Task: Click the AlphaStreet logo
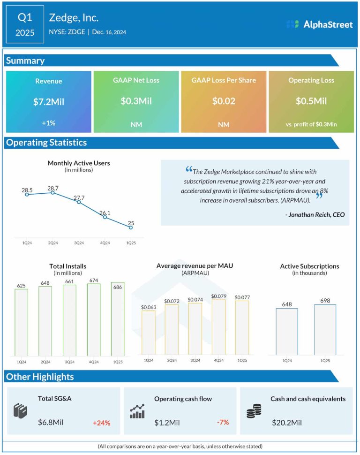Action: pyautogui.click(x=319, y=24)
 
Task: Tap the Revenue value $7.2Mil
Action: pyautogui.click(x=48, y=102)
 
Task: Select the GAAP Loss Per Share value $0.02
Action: pyautogui.click(x=224, y=101)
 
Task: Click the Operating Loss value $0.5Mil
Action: pyautogui.click(x=311, y=101)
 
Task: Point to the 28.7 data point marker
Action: pyautogui.click(x=52, y=192)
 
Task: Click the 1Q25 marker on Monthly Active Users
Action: pyautogui.click(x=131, y=227)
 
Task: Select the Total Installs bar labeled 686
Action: pyautogui.click(x=118, y=319)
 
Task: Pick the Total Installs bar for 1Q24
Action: pyautogui.click(x=21, y=322)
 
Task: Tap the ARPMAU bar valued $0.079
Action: pyautogui.click(x=219, y=327)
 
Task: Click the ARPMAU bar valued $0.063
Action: pyautogui.click(x=149, y=333)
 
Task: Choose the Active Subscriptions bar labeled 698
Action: pyautogui.click(x=325, y=330)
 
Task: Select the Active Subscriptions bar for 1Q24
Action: pyautogui.click(x=287, y=332)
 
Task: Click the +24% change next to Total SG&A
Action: pyautogui.click(x=102, y=423)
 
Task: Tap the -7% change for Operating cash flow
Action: pyautogui.click(x=223, y=422)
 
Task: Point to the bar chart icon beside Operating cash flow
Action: pyautogui.click(x=137, y=411)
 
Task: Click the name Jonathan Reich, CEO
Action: pyautogui.click(x=315, y=215)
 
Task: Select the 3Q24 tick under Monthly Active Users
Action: pyautogui.click(x=79, y=243)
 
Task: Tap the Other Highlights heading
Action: pyautogui.click(x=40, y=377)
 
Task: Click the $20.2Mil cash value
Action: pyautogui.click(x=287, y=423)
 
